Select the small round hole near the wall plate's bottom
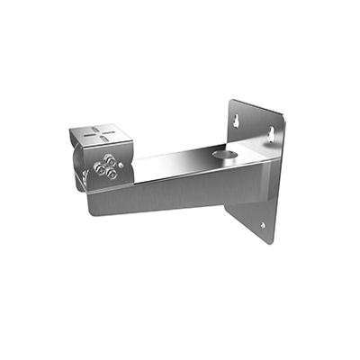click(x=263, y=226)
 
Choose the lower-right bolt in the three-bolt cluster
click(x=112, y=173)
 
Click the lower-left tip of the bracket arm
click(x=90, y=213)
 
